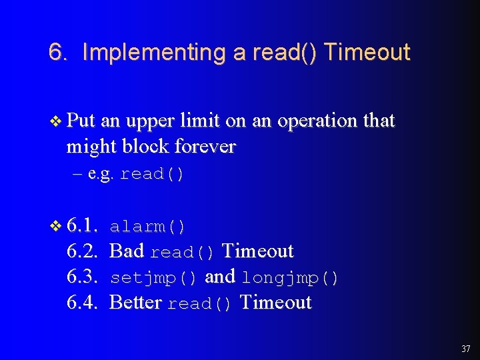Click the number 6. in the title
point(58,52)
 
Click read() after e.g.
point(151,175)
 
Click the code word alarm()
point(148,227)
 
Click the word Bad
point(127,251)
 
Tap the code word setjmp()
point(153,277)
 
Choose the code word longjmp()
point(290,277)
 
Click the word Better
point(135,303)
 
